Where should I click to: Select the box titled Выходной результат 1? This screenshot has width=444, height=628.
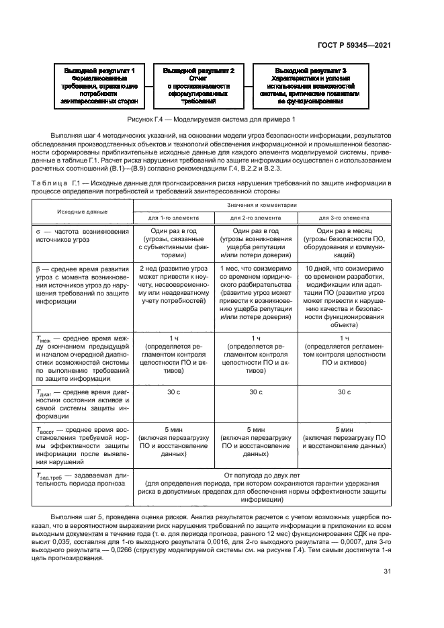tap(99, 86)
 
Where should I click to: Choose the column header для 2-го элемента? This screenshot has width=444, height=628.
tap(256, 218)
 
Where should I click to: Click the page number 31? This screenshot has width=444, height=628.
tap(386, 572)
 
